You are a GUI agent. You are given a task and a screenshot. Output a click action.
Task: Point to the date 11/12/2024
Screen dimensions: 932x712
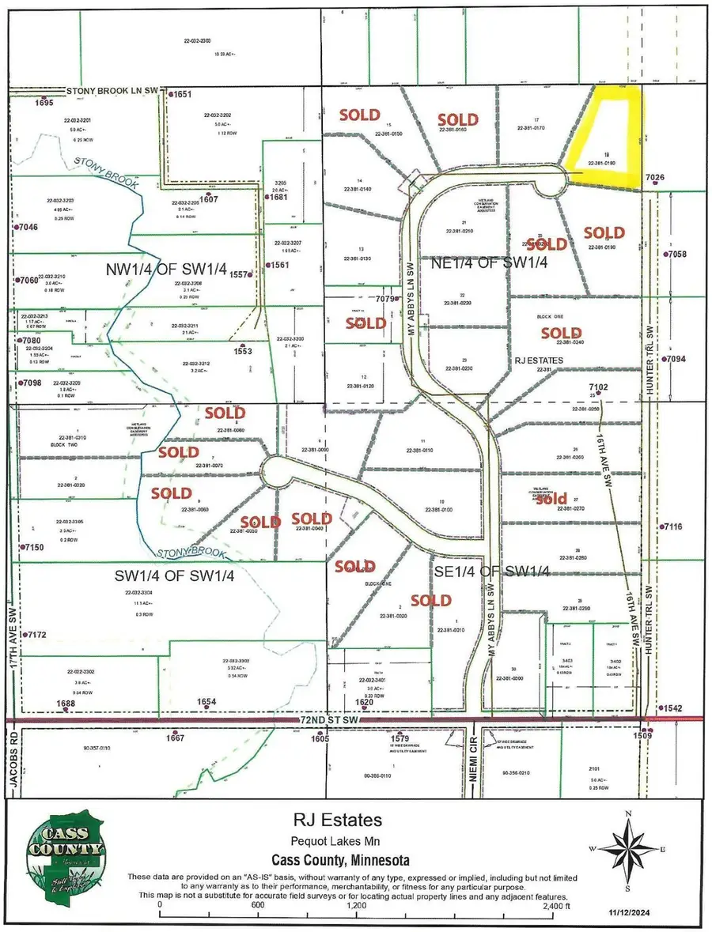tap(671, 917)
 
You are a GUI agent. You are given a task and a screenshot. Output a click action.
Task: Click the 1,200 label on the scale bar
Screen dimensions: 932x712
tap(356, 907)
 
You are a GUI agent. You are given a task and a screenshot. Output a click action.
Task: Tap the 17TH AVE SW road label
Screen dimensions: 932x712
tap(13, 645)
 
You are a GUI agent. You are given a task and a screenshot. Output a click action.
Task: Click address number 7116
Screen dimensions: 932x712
tap(672, 526)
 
